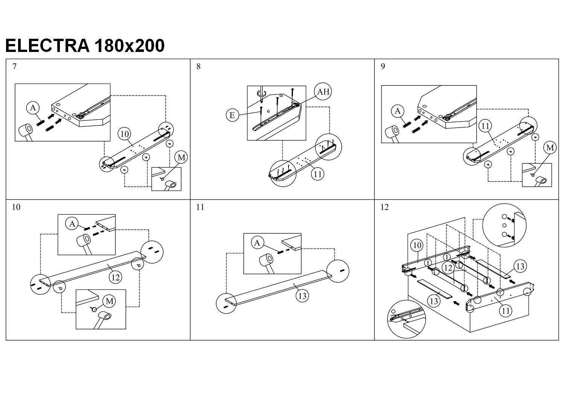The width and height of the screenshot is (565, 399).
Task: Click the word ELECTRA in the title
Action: click(47, 46)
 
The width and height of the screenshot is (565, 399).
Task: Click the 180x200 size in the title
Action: click(130, 46)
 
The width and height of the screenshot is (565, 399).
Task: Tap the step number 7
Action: click(14, 67)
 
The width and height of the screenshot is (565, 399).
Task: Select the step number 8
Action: click(199, 67)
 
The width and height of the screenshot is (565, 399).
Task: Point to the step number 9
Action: click(383, 67)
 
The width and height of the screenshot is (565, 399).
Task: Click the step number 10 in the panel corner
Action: click(16, 207)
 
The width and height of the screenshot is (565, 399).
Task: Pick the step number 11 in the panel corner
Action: click(200, 207)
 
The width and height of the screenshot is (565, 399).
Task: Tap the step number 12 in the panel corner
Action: click(385, 207)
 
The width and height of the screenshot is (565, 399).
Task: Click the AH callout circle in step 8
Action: click(323, 91)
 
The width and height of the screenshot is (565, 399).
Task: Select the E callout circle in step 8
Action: click(232, 115)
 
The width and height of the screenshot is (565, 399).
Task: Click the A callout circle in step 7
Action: click(33, 108)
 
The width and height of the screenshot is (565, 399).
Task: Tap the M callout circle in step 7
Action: click(181, 157)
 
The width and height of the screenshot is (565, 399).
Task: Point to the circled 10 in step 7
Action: click(124, 134)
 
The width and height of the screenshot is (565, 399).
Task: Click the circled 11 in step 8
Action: click(318, 174)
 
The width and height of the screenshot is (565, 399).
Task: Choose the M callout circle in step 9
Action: click(550, 148)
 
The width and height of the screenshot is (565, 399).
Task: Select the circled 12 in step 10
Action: click(115, 277)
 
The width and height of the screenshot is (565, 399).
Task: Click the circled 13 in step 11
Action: click(302, 296)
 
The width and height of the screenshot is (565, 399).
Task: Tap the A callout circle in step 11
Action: click(257, 243)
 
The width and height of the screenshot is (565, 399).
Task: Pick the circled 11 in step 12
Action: click(505, 311)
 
